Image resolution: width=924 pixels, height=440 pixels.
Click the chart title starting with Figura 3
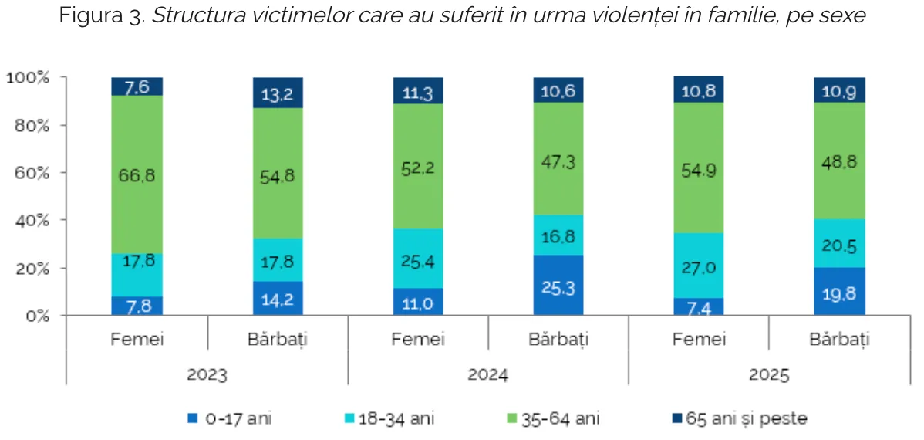[462, 16]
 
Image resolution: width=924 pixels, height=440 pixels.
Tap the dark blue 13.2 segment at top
[278, 93]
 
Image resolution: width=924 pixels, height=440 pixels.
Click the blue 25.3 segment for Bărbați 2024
[558, 285]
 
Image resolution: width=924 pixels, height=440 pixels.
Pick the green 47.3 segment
[558, 162]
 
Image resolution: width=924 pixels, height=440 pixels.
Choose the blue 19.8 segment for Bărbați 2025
[839, 291]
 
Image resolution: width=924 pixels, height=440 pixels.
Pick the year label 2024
[487, 376]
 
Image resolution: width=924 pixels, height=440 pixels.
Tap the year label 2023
[207, 376]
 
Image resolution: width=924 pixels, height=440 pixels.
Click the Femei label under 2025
[698, 340]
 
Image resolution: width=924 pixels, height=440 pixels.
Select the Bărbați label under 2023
[278, 340]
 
